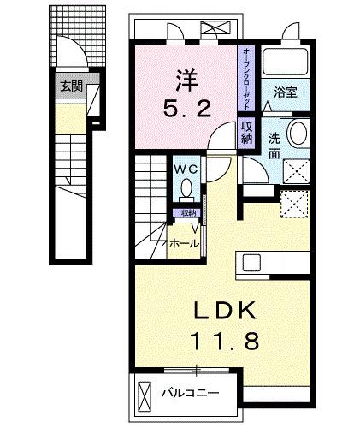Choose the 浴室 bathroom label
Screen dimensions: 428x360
285,92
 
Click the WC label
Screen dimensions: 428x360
187,169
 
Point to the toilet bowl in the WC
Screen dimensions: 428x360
187,191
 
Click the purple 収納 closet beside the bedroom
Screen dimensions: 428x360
246,132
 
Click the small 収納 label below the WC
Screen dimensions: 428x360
187,212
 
